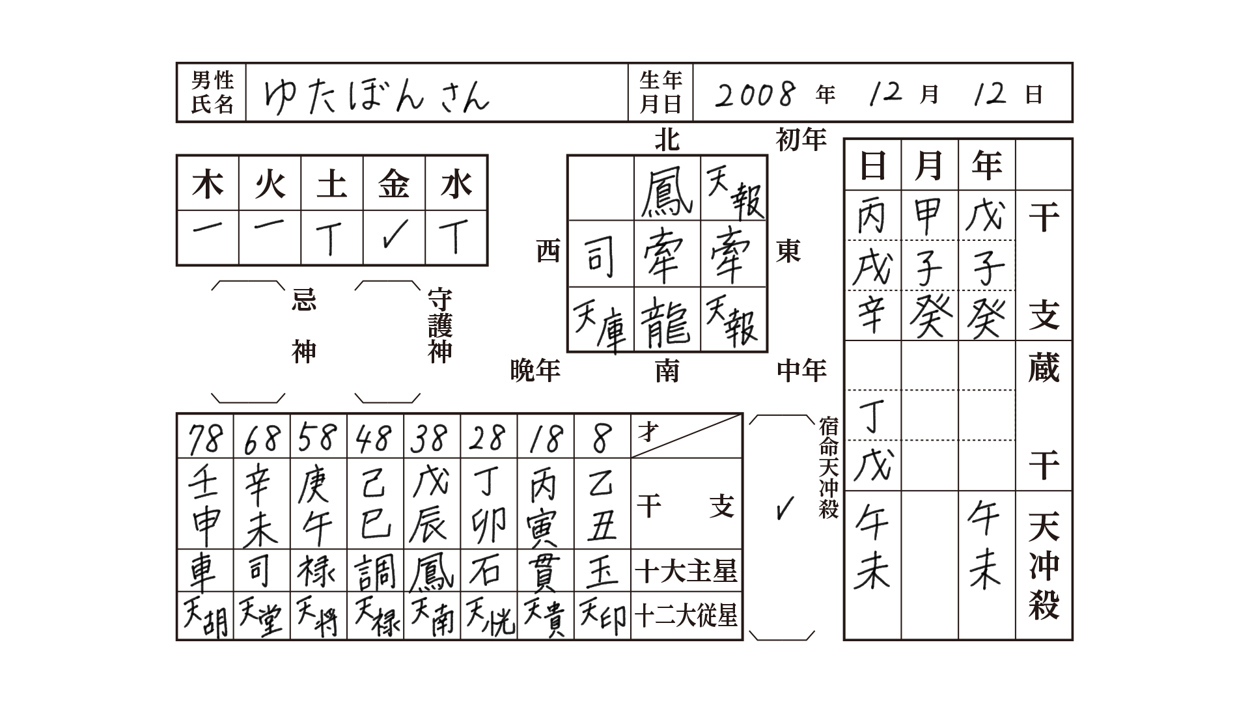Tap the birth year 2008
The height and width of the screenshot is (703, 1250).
click(755, 95)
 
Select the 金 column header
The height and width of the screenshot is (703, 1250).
click(394, 183)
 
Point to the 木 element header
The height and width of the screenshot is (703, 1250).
click(208, 183)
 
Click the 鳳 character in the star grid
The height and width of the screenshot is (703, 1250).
click(666, 188)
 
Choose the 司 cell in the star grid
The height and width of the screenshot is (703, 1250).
click(600, 255)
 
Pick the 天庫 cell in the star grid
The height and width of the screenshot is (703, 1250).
click(600, 321)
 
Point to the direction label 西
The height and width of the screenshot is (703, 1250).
click(549, 251)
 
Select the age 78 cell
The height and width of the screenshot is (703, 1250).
click(205, 437)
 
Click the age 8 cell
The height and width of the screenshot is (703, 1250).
click(602, 437)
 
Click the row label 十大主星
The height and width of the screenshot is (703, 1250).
click(686, 571)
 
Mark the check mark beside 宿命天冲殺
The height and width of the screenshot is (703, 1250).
click(785, 508)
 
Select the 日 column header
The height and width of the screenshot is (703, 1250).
click(872, 165)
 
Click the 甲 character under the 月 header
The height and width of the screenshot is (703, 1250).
click(929, 217)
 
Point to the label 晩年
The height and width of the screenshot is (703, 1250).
click(536, 370)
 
